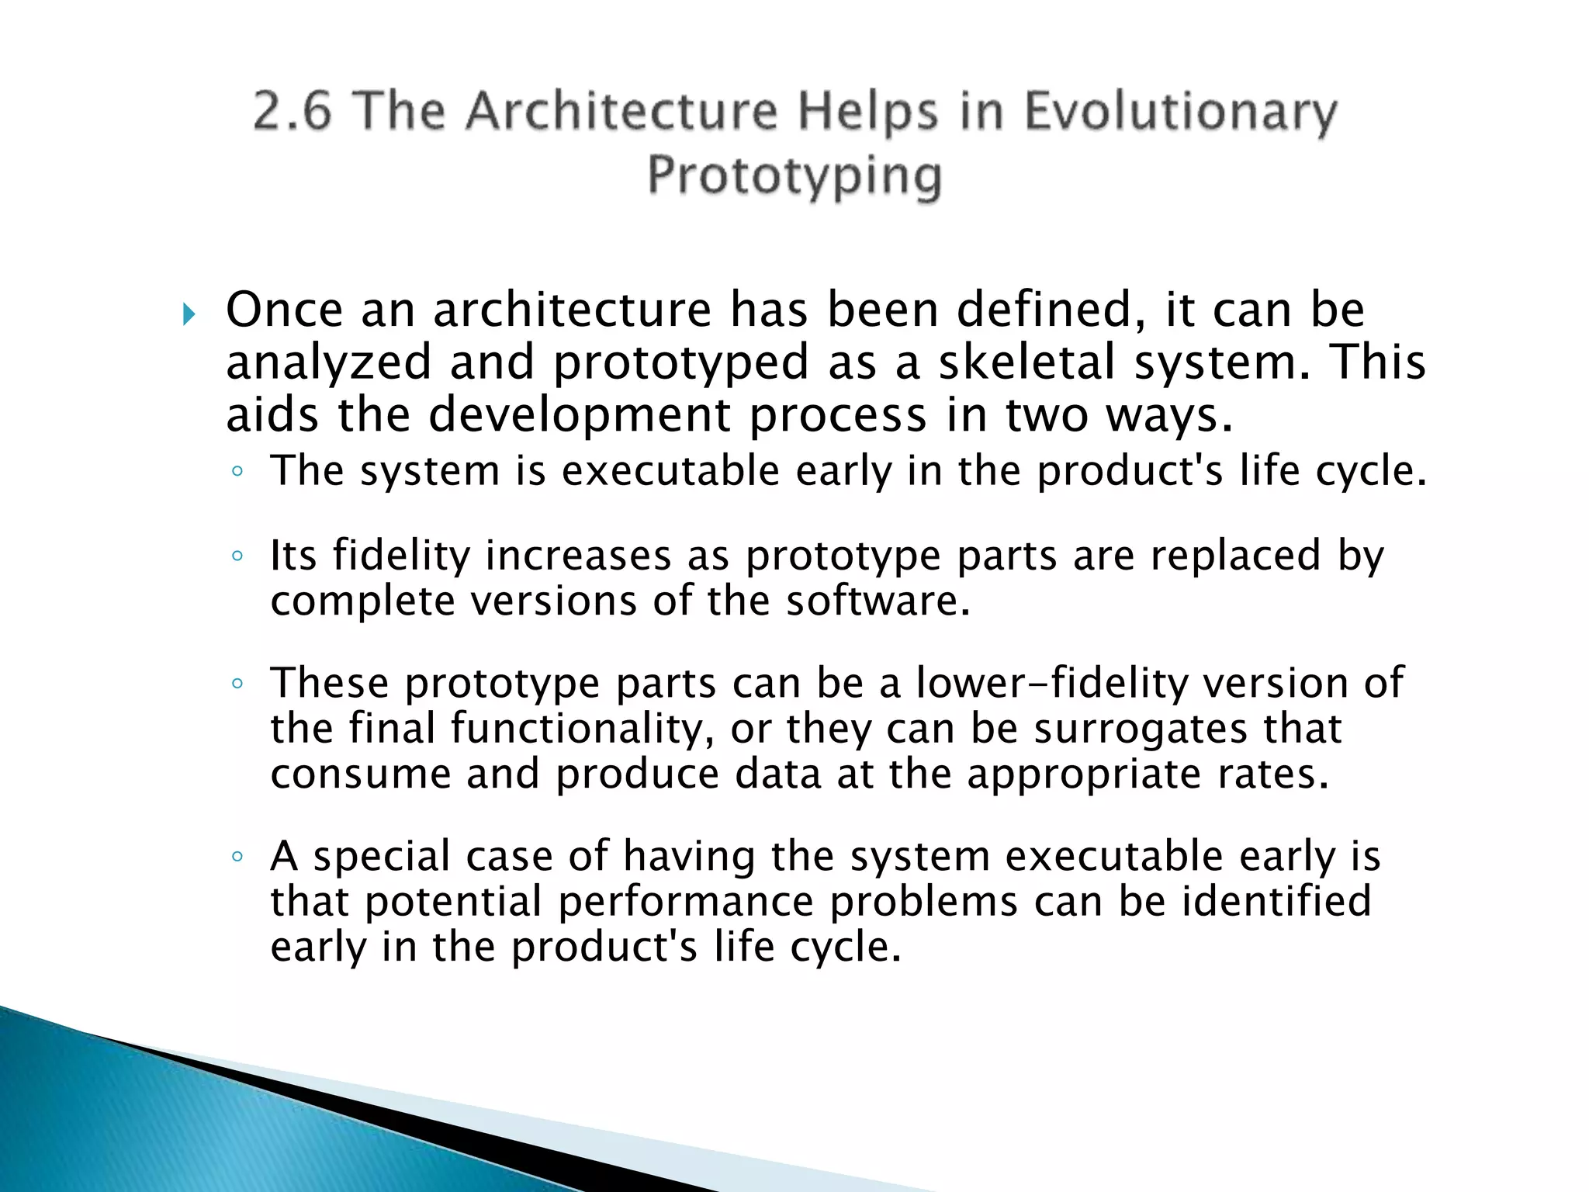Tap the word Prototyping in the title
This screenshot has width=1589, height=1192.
click(794, 176)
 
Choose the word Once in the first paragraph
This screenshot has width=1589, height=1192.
click(284, 310)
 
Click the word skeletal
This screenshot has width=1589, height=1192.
click(1027, 362)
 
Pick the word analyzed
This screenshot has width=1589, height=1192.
click(327, 364)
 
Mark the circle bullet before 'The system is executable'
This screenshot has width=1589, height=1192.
click(237, 471)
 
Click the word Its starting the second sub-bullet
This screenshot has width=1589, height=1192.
click(293, 556)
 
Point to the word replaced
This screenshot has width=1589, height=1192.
click(1235, 556)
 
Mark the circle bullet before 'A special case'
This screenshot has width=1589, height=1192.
click(237, 857)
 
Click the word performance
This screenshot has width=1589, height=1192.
click(686, 903)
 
